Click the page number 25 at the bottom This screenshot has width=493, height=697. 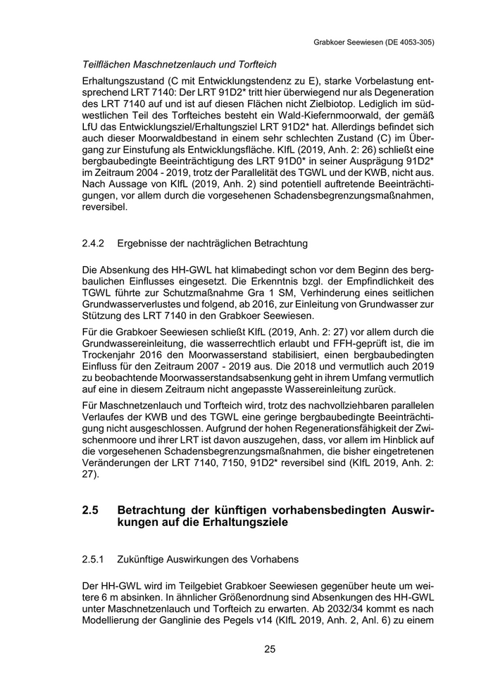(x=270, y=649)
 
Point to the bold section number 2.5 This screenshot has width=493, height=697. (x=92, y=509)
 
